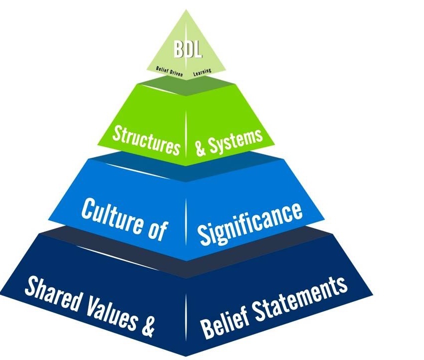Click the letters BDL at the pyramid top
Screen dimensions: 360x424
pos(186,50)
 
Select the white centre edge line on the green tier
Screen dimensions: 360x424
pos(186,130)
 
